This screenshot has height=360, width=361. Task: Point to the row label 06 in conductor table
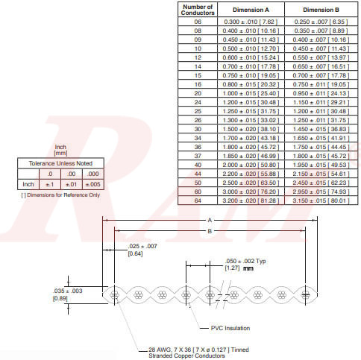pos(198,22)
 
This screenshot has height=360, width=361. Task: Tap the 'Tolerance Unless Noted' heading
pos(60,162)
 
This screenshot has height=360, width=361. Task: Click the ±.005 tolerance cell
pos(93,183)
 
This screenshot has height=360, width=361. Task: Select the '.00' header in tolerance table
pos(71,173)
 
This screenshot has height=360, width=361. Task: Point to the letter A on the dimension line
pos(210,220)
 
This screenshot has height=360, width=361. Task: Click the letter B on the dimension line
pos(210,231)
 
